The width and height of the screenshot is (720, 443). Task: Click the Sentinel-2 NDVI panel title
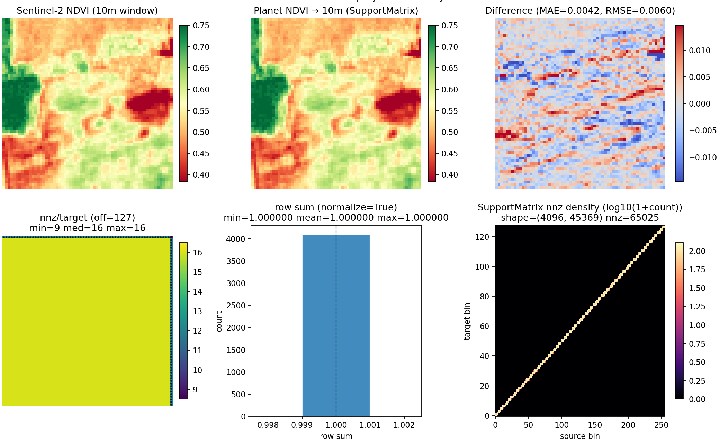click(87, 11)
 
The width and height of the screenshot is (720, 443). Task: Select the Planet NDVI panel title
click(336, 11)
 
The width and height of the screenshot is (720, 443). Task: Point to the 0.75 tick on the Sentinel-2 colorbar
click(201, 26)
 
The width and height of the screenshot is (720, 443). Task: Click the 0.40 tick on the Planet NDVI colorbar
click(449, 175)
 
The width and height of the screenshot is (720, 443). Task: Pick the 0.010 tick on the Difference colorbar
click(699, 51)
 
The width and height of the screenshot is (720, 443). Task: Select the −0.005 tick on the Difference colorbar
click(702, 130)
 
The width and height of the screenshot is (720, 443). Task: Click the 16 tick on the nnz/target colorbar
click(197, 253)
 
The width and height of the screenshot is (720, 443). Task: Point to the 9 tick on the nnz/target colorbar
click(195, 390)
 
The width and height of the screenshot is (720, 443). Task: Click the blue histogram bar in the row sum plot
click(336, 325)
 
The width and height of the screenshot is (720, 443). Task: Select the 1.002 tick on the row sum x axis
click(404, 425)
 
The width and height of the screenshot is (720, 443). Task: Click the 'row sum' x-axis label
click(336, 436)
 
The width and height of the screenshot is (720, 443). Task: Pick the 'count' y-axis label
click(219, 321)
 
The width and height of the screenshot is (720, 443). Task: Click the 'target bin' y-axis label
click(467, 321)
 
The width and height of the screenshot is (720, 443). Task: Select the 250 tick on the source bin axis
click(661, 425)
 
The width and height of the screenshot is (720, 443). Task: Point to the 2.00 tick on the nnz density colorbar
click(697, 251)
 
